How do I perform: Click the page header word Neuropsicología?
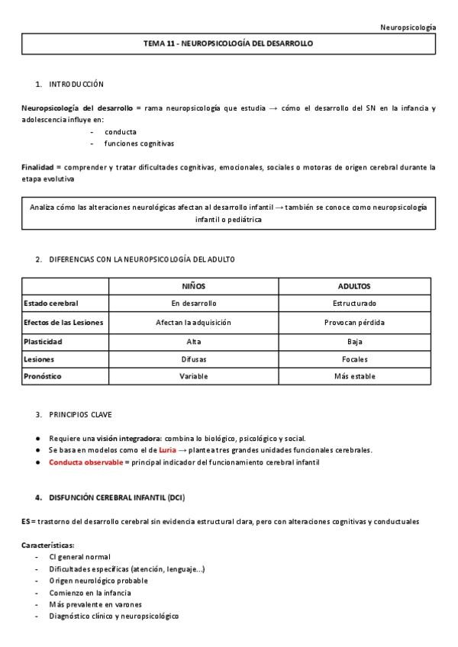tap(408, 27)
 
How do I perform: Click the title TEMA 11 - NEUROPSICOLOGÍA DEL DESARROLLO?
tap(228, 44)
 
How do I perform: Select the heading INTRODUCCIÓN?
tap(76, 84)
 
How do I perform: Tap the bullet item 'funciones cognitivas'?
tap(140, 143)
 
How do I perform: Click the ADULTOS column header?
tap(354, 286)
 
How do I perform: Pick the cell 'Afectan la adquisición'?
tap(193, 322)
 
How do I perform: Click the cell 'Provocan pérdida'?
tap(354, 322)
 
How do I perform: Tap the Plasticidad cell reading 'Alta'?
tap(193, 341)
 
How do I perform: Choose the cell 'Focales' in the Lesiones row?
tap(354, 359)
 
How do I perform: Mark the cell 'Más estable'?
tap(354, 377)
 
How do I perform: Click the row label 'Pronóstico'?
tap(43, 377)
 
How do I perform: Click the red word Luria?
tap(167, 450)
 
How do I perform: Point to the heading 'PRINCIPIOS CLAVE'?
tap(80, 415)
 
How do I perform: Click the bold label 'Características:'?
tap(47, 546)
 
